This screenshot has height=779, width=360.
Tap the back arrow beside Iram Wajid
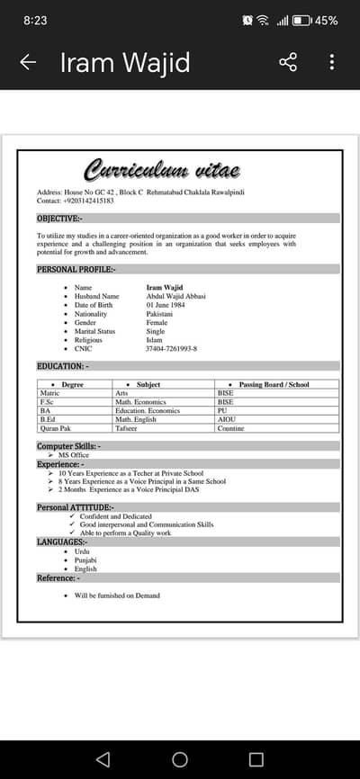click(28, 62)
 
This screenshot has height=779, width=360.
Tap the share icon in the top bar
click(288, 62)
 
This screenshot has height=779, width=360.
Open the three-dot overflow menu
click(332, 62)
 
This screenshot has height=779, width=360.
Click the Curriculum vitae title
click(162, 170)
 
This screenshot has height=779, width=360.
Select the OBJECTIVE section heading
click(59, 219)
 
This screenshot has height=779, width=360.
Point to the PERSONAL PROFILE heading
click(76, 269)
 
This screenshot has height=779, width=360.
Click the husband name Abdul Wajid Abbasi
click(176, 296)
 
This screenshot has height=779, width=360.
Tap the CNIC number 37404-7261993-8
click(172, 348)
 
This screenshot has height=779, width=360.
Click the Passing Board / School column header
click(274, 384)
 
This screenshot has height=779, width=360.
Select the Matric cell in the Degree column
click(50, 393)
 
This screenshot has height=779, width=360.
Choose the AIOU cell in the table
click(227, 419)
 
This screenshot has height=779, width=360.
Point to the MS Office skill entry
click(74, 455)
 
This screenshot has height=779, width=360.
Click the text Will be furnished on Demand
click(117, 595)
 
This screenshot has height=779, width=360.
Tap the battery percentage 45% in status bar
click(327, 20)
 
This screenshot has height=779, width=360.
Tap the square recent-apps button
click(256, 759)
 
